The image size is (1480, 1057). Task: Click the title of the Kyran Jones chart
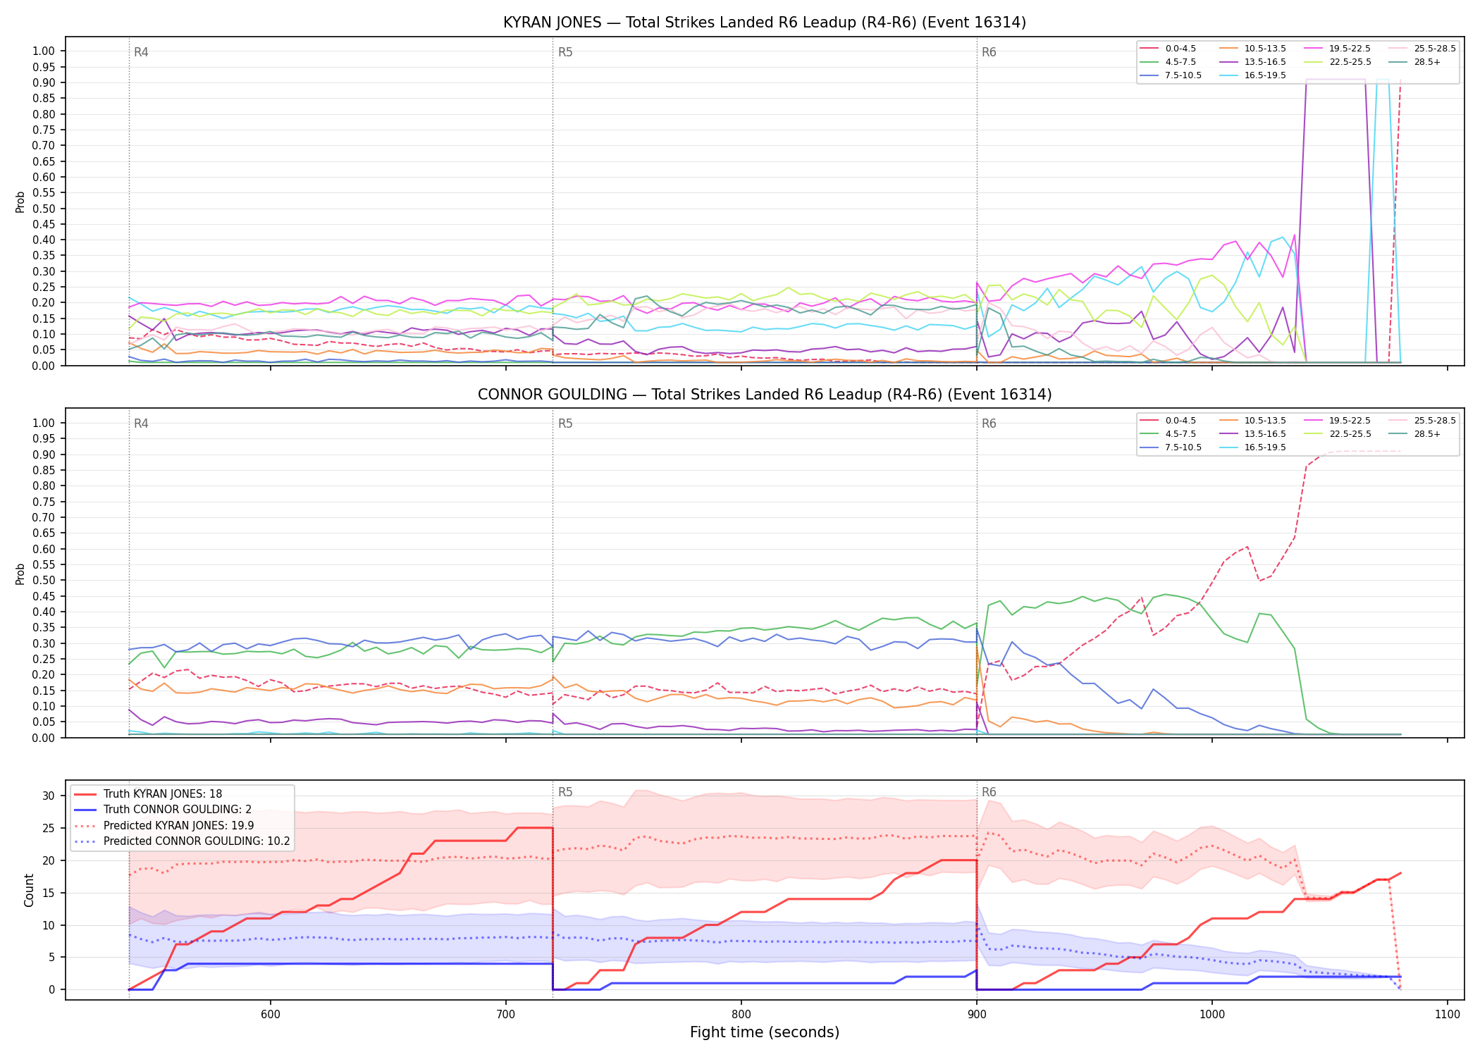click(765, 23)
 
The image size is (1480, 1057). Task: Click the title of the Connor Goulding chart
click(765, 395)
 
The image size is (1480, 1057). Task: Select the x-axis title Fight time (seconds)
click(765, 1032)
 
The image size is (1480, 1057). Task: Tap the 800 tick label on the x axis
click(741, 1014)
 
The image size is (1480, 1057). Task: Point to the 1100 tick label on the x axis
click(1448, 1014)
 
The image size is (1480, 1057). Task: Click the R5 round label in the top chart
click(565, 52)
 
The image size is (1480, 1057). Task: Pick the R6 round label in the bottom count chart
click(989, 792)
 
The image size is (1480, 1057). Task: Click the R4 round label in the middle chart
click(141, 424)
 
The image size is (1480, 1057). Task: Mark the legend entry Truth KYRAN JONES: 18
click(148, 794)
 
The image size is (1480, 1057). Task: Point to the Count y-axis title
click(29, 890)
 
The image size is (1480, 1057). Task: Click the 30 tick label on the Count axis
click(48, 796)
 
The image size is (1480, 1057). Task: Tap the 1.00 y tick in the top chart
click(44, 51)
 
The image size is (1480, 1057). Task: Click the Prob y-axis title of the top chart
click(20, 202)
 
